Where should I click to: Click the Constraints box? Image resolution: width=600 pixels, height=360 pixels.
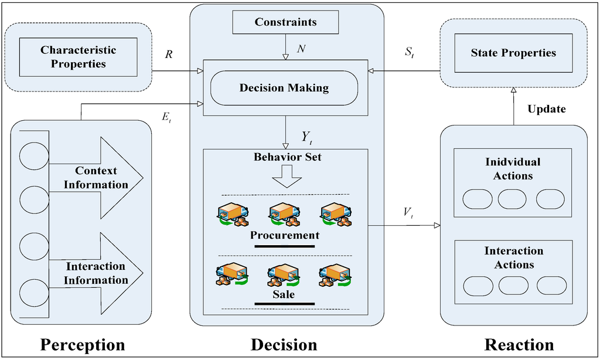285,22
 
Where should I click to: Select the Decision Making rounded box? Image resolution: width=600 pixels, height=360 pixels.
284,88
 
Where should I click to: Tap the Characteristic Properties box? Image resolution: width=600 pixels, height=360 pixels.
78,57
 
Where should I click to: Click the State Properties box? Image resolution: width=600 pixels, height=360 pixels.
513,53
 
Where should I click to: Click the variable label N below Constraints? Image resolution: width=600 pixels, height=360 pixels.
301,49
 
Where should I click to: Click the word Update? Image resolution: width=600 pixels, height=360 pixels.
547,109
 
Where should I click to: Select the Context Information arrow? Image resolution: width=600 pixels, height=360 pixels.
100,178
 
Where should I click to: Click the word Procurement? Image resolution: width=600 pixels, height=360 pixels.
285,235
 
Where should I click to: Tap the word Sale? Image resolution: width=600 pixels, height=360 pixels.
284,294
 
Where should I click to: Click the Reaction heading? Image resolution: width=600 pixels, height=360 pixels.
519,344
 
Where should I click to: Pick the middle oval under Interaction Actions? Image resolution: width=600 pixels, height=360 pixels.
513,286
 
